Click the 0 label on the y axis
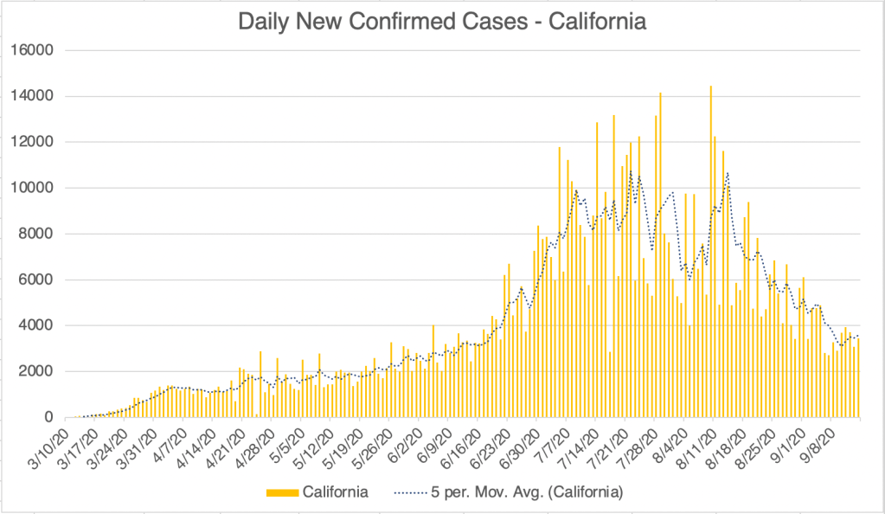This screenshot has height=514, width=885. pos(50,417)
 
